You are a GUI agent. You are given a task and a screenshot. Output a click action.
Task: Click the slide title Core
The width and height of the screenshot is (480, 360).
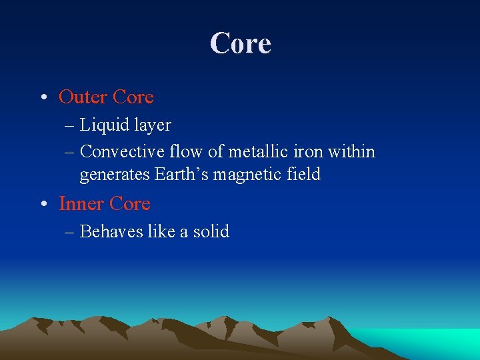(240, 43)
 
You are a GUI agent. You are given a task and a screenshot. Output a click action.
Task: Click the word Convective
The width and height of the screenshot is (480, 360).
(121, 152)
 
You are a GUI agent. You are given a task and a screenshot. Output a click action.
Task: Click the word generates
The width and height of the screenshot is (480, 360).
(115, 175)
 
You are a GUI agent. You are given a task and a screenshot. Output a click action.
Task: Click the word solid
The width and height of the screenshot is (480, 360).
(211, 232)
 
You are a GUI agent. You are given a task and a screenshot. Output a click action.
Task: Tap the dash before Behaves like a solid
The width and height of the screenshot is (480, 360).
(69, 233)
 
